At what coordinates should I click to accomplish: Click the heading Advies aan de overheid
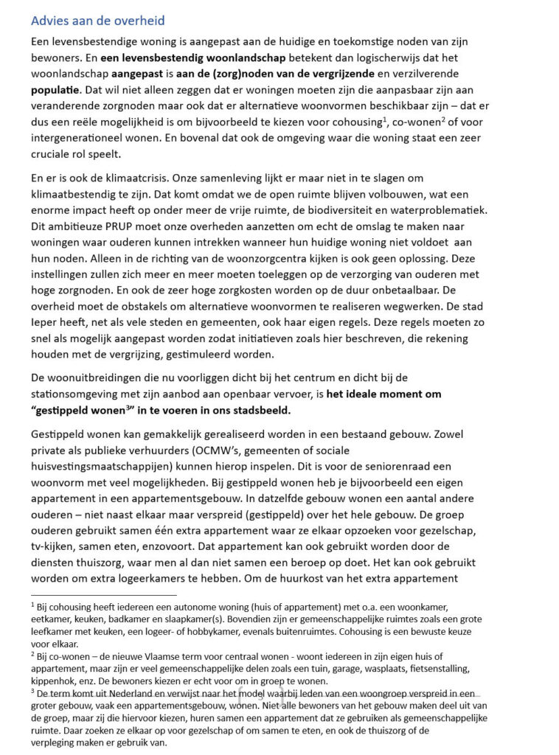(98, 21)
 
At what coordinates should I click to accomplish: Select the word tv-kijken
(56, 546)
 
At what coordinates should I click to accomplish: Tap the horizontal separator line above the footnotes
(104, 594)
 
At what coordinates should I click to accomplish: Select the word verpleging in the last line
(56, 742)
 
